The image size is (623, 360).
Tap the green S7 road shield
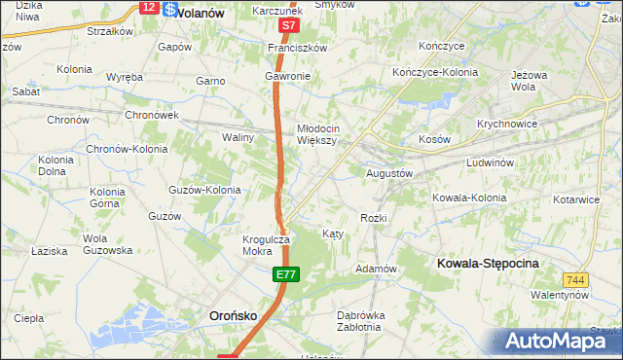click(287, 26)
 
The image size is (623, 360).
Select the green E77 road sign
click(284, 276)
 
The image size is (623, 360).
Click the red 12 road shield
click(148, 7)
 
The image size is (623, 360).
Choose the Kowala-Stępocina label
click(488, 264)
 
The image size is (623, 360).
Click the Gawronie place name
click(287, 76)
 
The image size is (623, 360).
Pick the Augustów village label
click(389, 172)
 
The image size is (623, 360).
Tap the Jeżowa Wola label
click(530, 80)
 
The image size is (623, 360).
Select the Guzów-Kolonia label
click(204, 190)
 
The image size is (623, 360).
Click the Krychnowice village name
click(508, 125)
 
